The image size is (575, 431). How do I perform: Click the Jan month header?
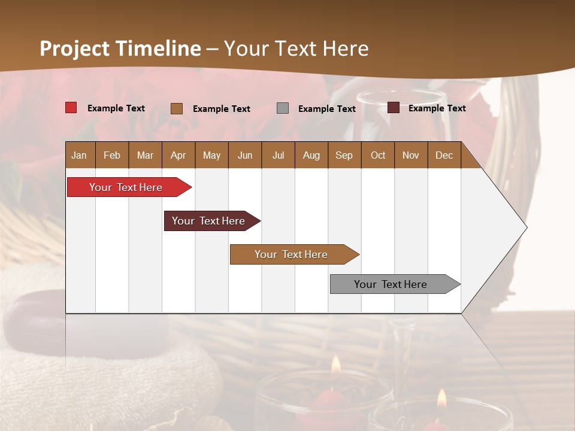80,155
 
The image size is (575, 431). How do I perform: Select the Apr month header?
178,155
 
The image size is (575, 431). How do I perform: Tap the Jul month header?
278,155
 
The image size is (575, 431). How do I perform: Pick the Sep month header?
344,155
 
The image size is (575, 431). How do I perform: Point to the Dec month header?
444,155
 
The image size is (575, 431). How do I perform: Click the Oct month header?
378,155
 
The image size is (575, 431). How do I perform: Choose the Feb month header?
112,155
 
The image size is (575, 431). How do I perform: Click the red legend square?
71,108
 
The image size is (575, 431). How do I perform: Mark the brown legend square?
177,108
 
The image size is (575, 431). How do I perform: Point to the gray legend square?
283,108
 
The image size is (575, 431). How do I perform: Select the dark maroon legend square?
394,108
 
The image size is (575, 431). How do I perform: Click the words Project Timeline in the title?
120,48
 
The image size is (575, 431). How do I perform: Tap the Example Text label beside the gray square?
326,109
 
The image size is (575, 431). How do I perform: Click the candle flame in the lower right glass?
441,398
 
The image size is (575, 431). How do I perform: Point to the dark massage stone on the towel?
36,317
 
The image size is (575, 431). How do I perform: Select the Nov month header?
411,155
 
